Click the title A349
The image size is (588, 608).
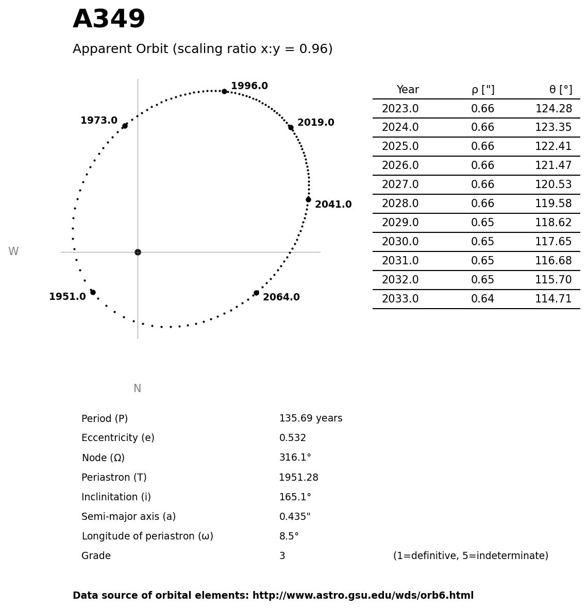(109, 20)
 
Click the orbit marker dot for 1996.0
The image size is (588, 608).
(224, 91)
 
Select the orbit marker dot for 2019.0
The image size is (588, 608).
(291, 127)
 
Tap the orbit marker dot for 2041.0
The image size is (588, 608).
(308, 199)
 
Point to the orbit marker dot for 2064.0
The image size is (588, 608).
(256, 293)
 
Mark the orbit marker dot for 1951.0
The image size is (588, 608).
(93, 292)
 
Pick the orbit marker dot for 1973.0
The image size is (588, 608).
(125, 126)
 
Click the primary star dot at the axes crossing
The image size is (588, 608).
(138, 252)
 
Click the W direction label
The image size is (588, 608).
(13, 251)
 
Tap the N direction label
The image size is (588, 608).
(137, 389)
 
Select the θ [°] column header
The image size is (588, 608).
(560, 90)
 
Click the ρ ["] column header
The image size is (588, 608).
(482, 90)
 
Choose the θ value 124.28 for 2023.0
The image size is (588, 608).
(553, 109)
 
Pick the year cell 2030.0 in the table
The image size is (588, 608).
(400, 242)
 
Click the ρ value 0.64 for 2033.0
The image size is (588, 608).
(482, 299)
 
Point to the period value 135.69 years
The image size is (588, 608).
(310, 418)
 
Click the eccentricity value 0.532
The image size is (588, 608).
(292, 438)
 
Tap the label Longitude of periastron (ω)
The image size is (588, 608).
(147, 536)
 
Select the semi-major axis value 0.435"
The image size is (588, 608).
(295, 517)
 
